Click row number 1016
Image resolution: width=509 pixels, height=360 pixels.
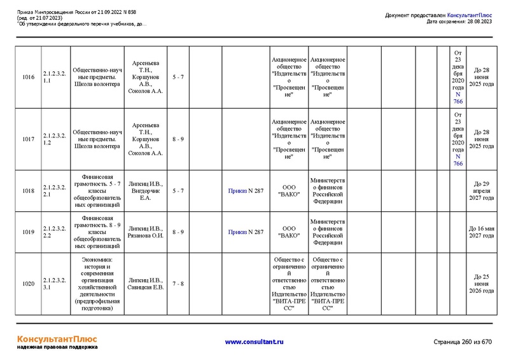click(x=28, y=77)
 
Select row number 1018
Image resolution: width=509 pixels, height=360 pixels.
click(x=28, y=191)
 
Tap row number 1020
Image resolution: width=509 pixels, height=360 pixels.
click(x=28, y=284)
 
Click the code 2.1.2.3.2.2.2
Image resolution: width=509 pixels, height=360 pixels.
click(x=55, y=232)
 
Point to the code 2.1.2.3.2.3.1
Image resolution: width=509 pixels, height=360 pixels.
click(x=55, y=284)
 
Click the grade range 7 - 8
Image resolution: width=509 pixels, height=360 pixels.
click(x=178, y=284)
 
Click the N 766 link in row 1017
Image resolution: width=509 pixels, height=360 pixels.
click(x=458, y=160)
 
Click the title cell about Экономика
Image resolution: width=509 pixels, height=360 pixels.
click(x=97, y=284)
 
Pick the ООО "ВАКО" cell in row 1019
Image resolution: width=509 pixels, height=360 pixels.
click(x=289, y=232)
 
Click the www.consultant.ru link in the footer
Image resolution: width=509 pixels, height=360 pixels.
click(x=254, y=342)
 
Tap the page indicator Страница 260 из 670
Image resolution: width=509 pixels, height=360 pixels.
click(x=463, y=342)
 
